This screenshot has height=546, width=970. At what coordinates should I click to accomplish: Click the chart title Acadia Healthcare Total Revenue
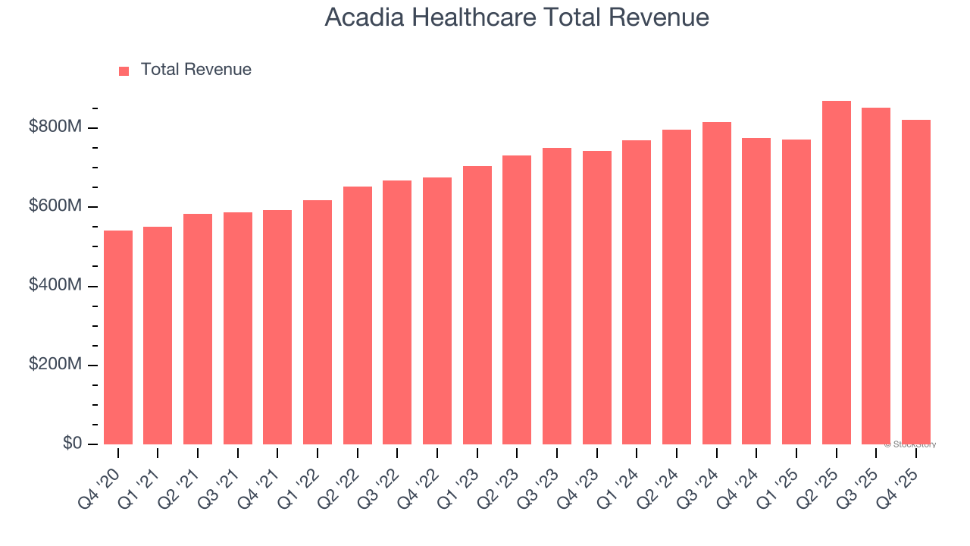click(517, 17)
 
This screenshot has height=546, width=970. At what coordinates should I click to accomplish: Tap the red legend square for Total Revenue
click(124, 71)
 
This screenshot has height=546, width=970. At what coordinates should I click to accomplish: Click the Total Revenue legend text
click(196, 70)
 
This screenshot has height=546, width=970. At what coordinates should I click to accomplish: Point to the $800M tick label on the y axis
click(55, 127)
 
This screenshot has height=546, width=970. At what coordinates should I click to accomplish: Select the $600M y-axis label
click(55, 206)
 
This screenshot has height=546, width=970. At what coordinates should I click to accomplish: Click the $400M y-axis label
click(55, 286)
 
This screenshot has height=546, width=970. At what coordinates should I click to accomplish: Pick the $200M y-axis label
click(55, 365)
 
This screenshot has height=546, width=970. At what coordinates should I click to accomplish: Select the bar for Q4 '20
click(118, 337)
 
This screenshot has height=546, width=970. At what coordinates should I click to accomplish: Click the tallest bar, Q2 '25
click(836, 273)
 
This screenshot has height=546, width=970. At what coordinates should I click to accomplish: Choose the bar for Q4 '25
click(915, 282)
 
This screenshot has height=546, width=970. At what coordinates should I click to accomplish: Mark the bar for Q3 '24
click(716, 284)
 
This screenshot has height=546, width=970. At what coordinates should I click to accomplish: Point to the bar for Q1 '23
click(477, 306)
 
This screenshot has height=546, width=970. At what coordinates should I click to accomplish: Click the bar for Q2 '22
click(358, 315)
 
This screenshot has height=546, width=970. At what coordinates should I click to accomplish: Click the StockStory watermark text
click(909, 444)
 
